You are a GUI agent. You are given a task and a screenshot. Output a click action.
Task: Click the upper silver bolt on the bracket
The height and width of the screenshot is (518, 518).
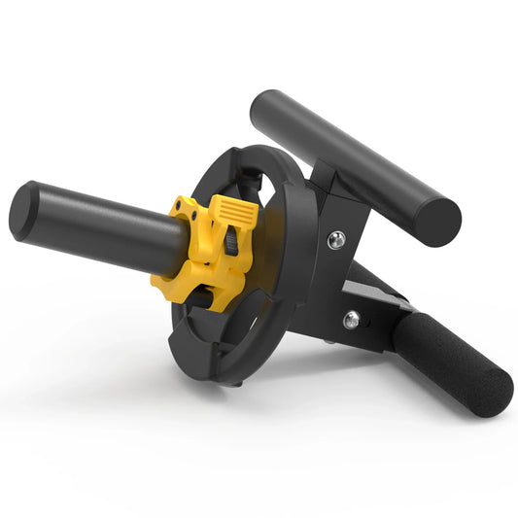point(335,240)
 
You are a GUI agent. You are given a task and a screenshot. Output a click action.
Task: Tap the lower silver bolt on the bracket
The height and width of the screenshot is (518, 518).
point(351,319)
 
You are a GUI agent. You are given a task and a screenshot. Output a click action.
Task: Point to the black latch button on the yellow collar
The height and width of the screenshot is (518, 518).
point(231,242)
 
